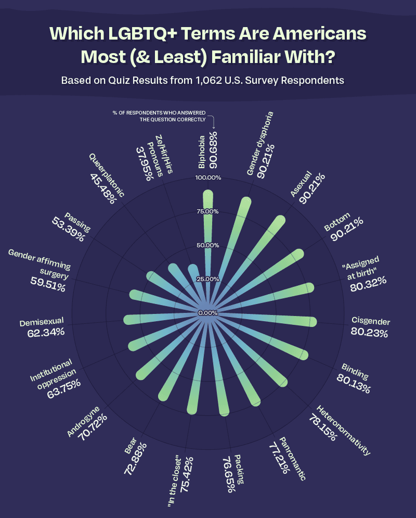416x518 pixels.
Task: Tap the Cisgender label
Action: (370, 321)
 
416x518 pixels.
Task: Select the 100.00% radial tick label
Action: (207, 178)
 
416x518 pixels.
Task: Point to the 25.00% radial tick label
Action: (207, 279)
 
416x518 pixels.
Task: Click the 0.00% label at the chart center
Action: (207, 313)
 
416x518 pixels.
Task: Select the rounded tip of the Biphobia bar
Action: (208, 195)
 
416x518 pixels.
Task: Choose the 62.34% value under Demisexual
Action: (46, 332)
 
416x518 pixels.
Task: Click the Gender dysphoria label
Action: (259, 144)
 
